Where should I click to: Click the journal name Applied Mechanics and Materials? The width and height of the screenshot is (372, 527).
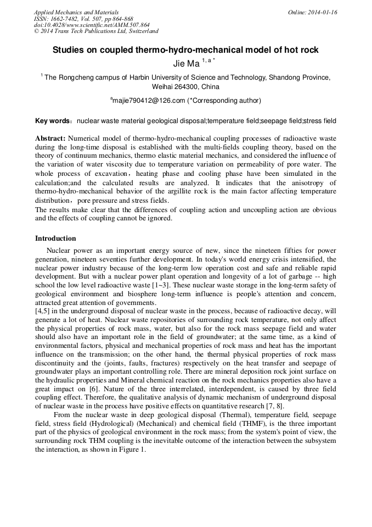[76, 12]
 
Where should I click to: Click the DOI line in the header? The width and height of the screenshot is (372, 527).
[92, 25]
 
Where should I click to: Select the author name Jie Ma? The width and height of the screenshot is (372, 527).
[186, 64]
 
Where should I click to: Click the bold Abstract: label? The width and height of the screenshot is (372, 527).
[50, 138]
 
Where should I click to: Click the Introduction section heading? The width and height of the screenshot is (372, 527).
[55, 238]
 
